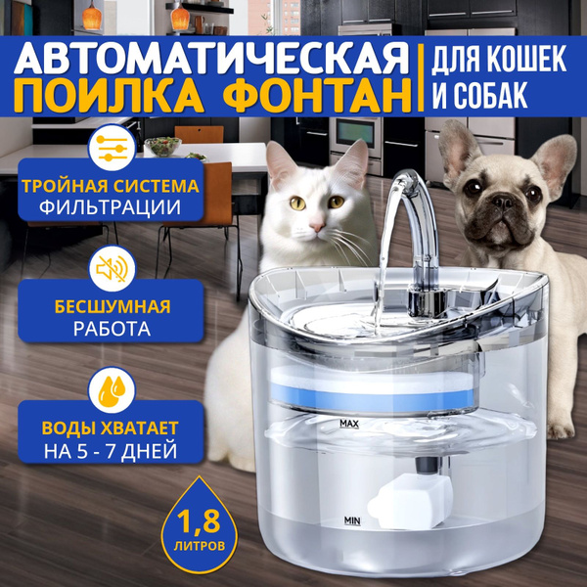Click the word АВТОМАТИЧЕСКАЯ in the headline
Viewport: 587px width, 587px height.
(x=211, y=59)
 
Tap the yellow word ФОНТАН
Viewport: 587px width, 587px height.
(x=319, y=97)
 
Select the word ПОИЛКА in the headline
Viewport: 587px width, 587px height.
(x=110, y=97)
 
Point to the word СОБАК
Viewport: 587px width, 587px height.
(x=492, y=95)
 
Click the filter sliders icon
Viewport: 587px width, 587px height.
(x=112, y=149)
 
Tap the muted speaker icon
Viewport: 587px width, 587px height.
(x=112, y=268)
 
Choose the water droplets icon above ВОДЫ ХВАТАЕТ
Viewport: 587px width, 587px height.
(x=112, y=389)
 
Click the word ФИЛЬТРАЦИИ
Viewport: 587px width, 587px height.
(x=110, y=207)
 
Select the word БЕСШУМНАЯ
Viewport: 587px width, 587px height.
(x=113, y=306)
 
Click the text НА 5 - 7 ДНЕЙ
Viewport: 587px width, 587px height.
(x=111, y=451)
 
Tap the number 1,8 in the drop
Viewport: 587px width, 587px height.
(x=198, y=520)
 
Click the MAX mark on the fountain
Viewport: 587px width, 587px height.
(x=349, y=424)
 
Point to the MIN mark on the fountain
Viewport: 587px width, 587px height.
(x=352, y=520)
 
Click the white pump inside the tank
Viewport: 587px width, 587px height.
(x=410, y=501)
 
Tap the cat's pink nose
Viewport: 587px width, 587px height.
(x=317, y=226)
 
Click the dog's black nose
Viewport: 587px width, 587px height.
(x=503, y=203)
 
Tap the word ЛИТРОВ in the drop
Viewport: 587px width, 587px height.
(x=200, y=546)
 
